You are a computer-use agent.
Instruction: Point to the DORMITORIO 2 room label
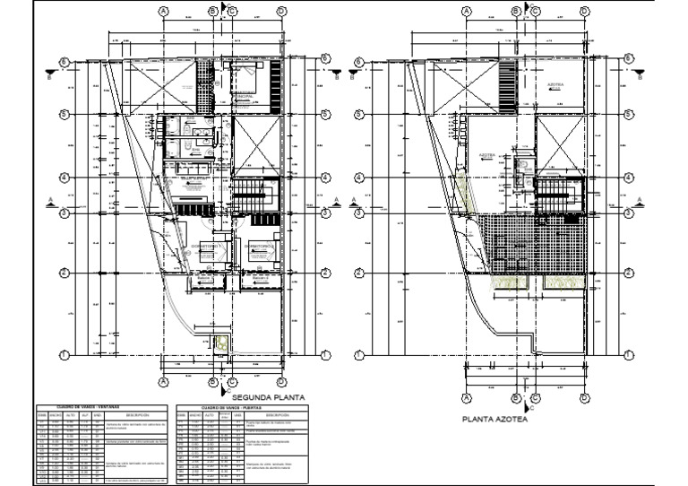point(260,245)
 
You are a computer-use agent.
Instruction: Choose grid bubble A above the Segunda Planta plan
point(163,11)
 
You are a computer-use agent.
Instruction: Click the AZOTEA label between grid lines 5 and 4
point(487,153)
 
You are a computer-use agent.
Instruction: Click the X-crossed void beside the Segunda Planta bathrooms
point(257,143)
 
